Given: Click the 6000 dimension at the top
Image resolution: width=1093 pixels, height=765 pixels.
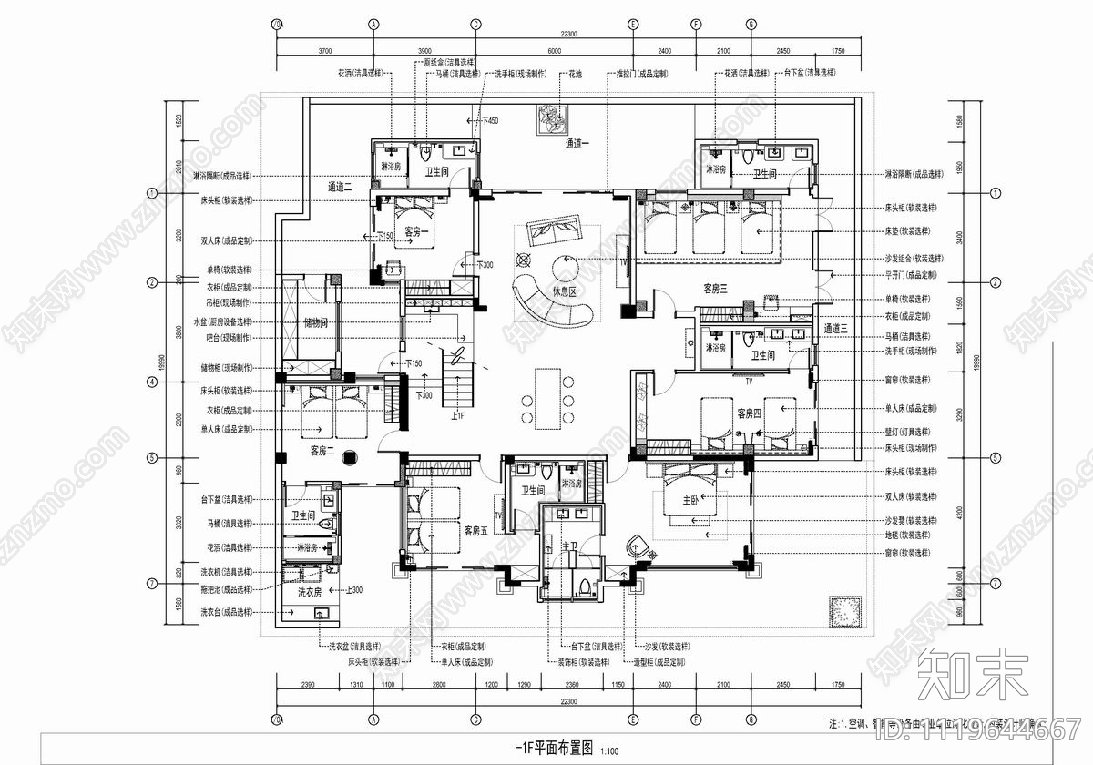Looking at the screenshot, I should pyautogui.click(x=554, y=51).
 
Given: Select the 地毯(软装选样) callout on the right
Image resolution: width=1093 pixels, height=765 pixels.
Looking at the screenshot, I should pyautogui.click(x=907, y=536).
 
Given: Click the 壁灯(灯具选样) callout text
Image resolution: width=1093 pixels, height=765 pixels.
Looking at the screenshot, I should pyautogui.click(x=907, y=432).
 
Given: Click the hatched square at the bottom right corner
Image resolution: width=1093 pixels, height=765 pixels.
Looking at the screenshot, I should pyautogui.click(x=840, y=609).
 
